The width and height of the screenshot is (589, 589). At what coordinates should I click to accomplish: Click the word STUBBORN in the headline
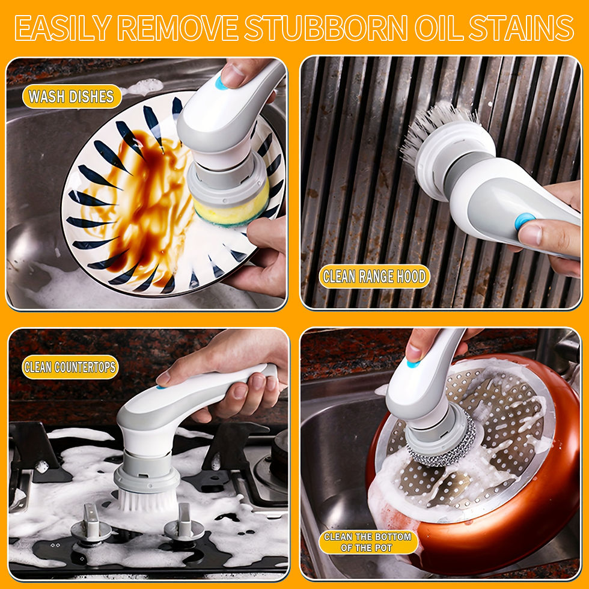tap(326, 28)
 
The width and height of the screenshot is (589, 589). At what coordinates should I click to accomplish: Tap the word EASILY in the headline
tap(63, 28)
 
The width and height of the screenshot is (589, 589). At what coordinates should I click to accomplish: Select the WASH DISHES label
tap(72, 97)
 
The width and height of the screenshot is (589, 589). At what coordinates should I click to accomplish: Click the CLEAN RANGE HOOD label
tap(374, 276)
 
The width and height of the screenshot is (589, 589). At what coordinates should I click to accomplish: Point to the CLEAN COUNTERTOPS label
tap(70, 367)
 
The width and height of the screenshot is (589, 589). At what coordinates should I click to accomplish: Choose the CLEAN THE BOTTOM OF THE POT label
tap(368, 542)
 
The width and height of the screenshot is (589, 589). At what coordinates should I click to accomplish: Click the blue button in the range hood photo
tap(525, 221)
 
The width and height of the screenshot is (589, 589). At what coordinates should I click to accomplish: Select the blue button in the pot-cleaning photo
tap(413, 363)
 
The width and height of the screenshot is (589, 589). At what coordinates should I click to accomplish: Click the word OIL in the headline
tap(438, 28)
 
